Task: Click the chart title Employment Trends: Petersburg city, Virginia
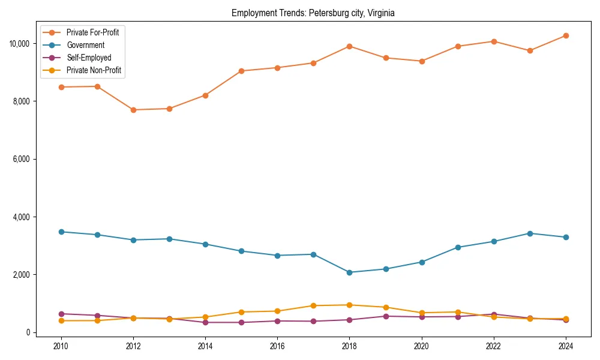pyautogui.click(x=313, y=13)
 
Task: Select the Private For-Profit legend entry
pyautogui.click(x=92, y=32)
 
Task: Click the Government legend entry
pyautogui.click(x=85, y=45)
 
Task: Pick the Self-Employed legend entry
pyautogui.click(x=89, y=58)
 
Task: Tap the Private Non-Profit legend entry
pyautogui.click(x=94, y=70)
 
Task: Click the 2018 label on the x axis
pyautogui.click(x=349, y=346)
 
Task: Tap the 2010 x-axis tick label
pyautogui.click(x=60, y=346)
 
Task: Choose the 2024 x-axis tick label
pyautogui.click(x=566, y=346)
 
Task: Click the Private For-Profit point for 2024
pyautogui.click(x=566, y=35)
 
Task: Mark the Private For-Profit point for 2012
pyautogui.click(x=133, y=110)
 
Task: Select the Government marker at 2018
pyautogui.click(x=349, y=272)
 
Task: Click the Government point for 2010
pyautogui.click(x=60, y=232)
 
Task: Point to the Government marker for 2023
pyautogui.click(x=530, y=233)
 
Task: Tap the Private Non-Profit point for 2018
pyautogui.click(x=349, y=305)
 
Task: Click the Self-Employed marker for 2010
pyautogui.click(x=60, y=314)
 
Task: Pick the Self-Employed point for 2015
pyautogui.click(x=241, y=322)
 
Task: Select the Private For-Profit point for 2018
pyautogui.click(x=349, y=46)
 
